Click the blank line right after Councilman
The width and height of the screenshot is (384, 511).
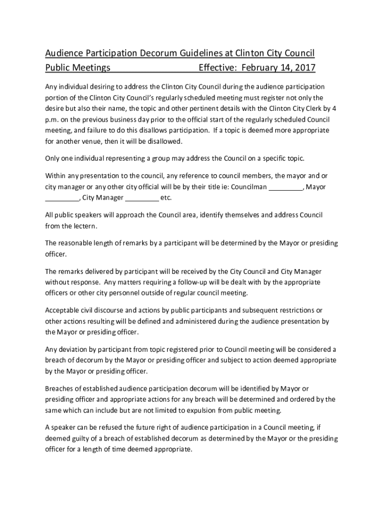coord(286,187)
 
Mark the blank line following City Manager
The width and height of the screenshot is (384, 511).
coord(142,198)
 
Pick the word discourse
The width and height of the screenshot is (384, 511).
coord(113,311)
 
